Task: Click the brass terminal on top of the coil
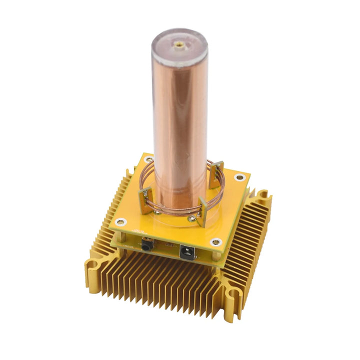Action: [178, 44]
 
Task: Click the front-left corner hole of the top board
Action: [118, 221]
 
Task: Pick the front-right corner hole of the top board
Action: [215, 242]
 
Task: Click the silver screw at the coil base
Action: [191, 217]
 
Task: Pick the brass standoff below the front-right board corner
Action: [216, 257]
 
